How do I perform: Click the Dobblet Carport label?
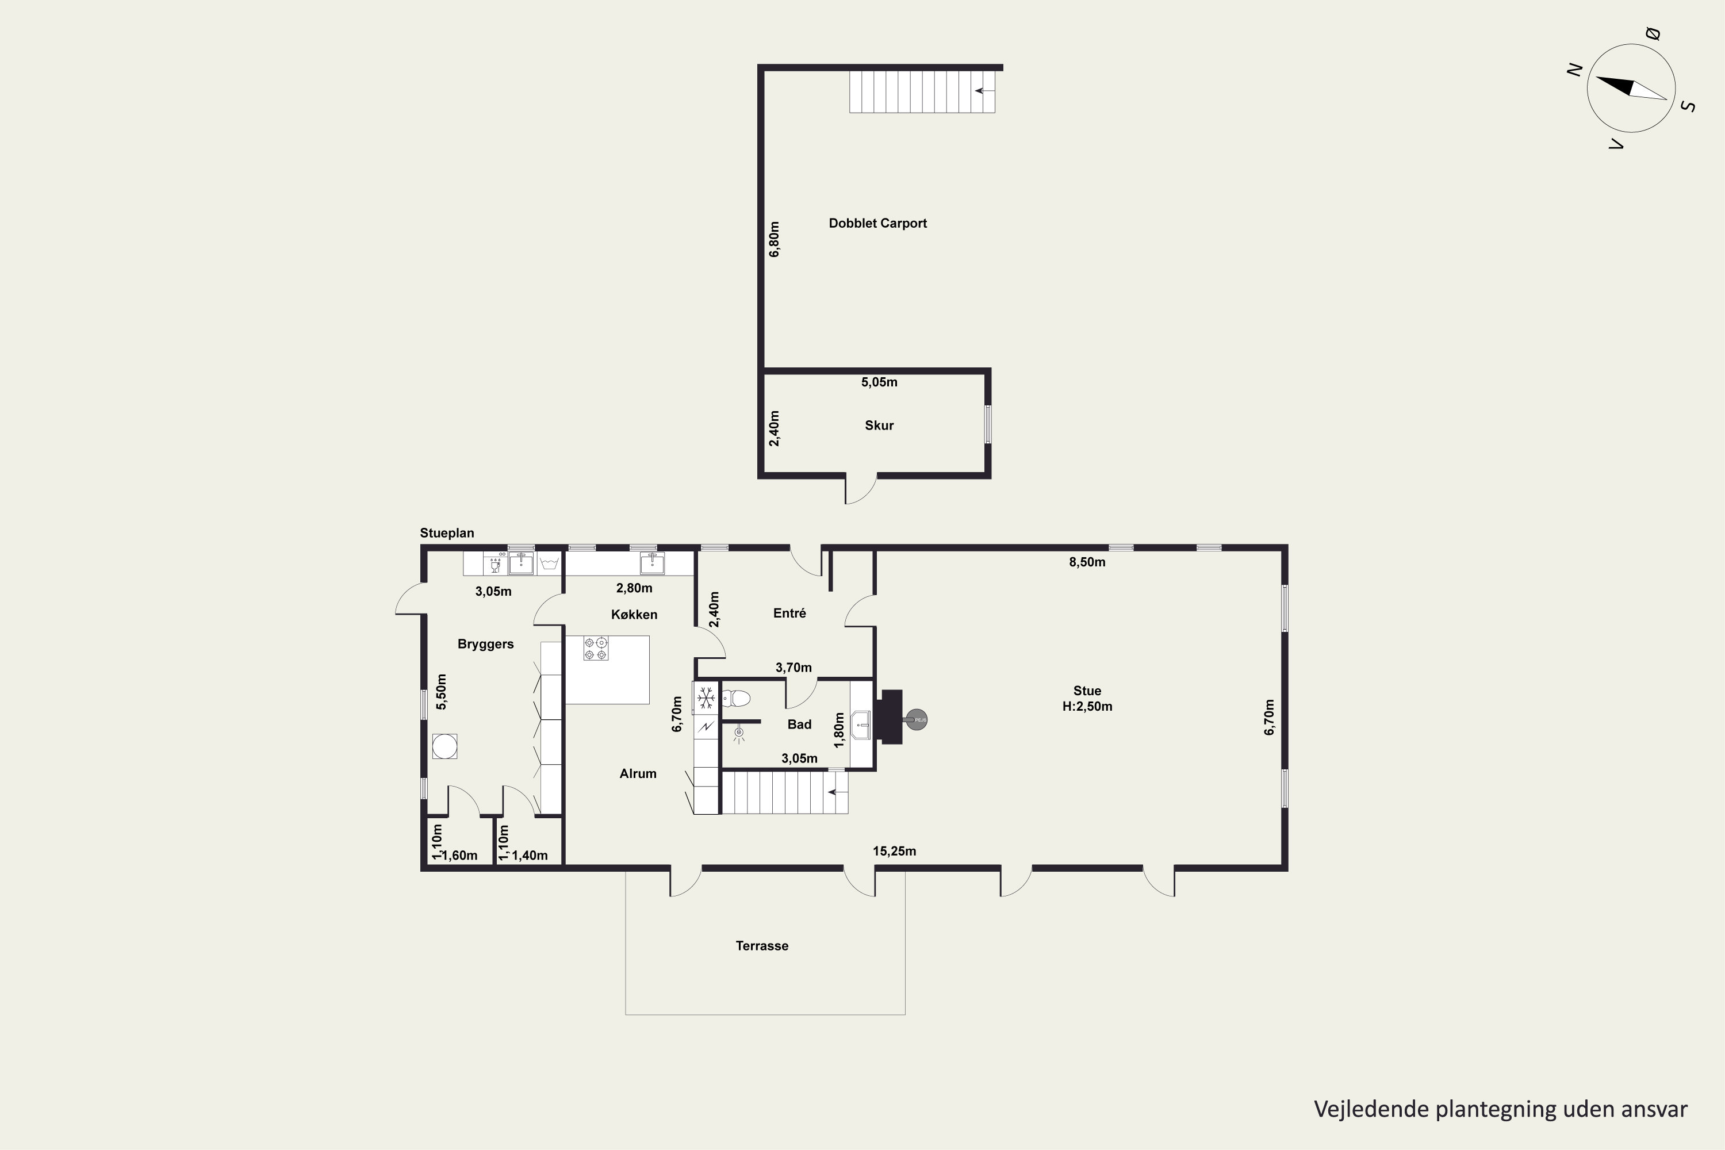[877, 223]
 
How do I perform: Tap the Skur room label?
[879, 425]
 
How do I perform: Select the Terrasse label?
[762, 946]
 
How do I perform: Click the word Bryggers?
[485, 645]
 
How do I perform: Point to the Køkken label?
[634, 615]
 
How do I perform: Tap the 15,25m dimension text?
[894, 852]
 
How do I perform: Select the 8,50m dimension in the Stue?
[1087, 562]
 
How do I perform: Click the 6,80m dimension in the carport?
[775, 239]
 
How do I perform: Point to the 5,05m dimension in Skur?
[879, 382]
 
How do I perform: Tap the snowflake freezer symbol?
[706, 697]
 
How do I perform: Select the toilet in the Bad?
[735, 698]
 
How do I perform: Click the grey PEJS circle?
[917, 720]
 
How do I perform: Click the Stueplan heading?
[447, 533]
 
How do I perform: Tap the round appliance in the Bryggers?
[444, 746]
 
